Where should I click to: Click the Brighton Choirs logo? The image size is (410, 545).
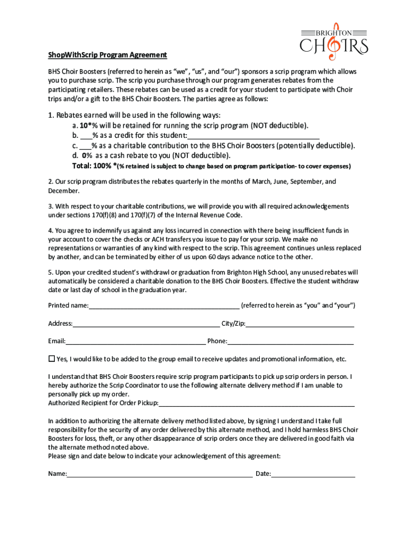[x=333, y=42]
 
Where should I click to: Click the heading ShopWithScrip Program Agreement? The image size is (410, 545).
[x=108, y=55]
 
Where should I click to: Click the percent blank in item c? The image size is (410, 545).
[x=85, y=145]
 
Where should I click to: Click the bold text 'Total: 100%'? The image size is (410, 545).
[x=92, y=166]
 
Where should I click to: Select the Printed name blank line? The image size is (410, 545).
[x=164, y=305]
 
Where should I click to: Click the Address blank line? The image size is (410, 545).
[x=146, y=324]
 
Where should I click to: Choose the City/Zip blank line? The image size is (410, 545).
[x=300, y=324]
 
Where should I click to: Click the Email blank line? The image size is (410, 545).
[x=135, y=341]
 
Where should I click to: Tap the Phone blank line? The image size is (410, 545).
[x=290, y=341]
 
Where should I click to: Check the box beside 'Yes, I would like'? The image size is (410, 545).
[x=52, y=358]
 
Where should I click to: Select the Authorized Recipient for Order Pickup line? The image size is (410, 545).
[x=257, y=403]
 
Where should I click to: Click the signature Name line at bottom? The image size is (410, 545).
[x=160, y=474]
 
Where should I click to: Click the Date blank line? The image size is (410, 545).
[x=313, y=474]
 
